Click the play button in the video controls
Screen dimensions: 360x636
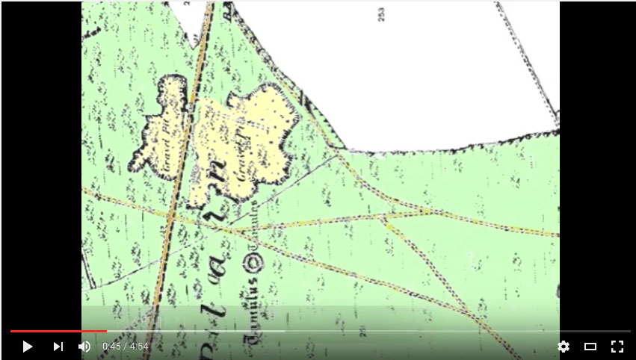(x=28, y=347)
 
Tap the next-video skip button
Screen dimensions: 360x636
(x=58, y=347)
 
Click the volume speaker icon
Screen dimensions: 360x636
(x=84, y=347)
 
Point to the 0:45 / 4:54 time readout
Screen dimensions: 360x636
(x=126, y=347)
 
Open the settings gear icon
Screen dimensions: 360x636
(x=564, y=347)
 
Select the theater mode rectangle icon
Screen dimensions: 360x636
(x=590, y=347)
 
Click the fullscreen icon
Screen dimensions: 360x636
(x=617, y=347)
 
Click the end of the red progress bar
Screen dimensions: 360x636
(x=106, y=331)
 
